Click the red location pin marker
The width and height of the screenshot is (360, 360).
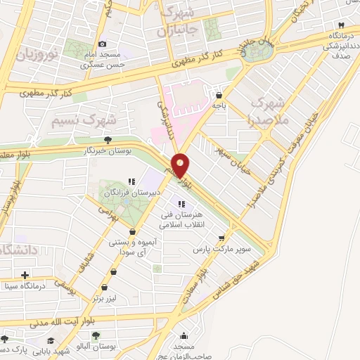pos(181,165)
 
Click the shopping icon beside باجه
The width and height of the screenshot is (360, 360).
pos(220,95)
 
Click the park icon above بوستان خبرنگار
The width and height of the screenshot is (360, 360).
pos(108,141)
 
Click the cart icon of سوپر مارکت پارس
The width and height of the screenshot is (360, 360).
pos(222,238)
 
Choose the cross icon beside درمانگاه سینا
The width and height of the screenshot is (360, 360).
pos(25,275)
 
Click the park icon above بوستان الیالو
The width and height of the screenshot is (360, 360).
pos(96,336)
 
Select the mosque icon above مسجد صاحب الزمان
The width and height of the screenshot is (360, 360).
pos(184,336)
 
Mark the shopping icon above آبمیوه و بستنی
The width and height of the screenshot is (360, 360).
pos(133,231)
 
